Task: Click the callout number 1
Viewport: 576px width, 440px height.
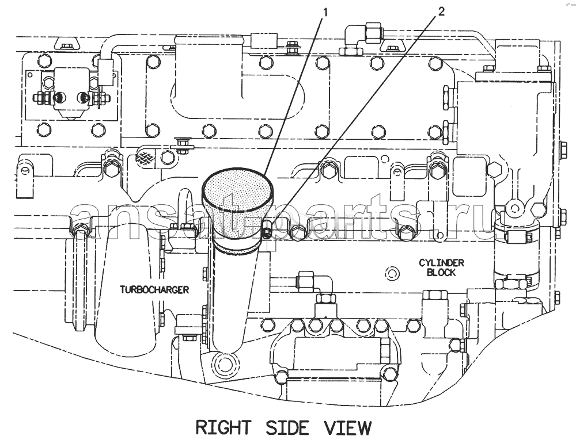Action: [x=325, y=13]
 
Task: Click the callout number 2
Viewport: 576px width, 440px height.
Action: [x=441, y=12]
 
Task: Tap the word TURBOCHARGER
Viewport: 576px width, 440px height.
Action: [x=154, y=290]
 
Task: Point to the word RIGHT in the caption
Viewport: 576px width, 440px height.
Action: [x=223, y=427]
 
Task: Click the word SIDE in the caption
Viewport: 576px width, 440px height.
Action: [x=287, y=427]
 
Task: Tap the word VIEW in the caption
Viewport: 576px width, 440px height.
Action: [x=347, y=427]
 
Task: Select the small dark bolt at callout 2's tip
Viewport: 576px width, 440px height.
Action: [x=268, y=232]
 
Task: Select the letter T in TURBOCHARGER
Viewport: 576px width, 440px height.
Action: [x=123, y=290]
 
